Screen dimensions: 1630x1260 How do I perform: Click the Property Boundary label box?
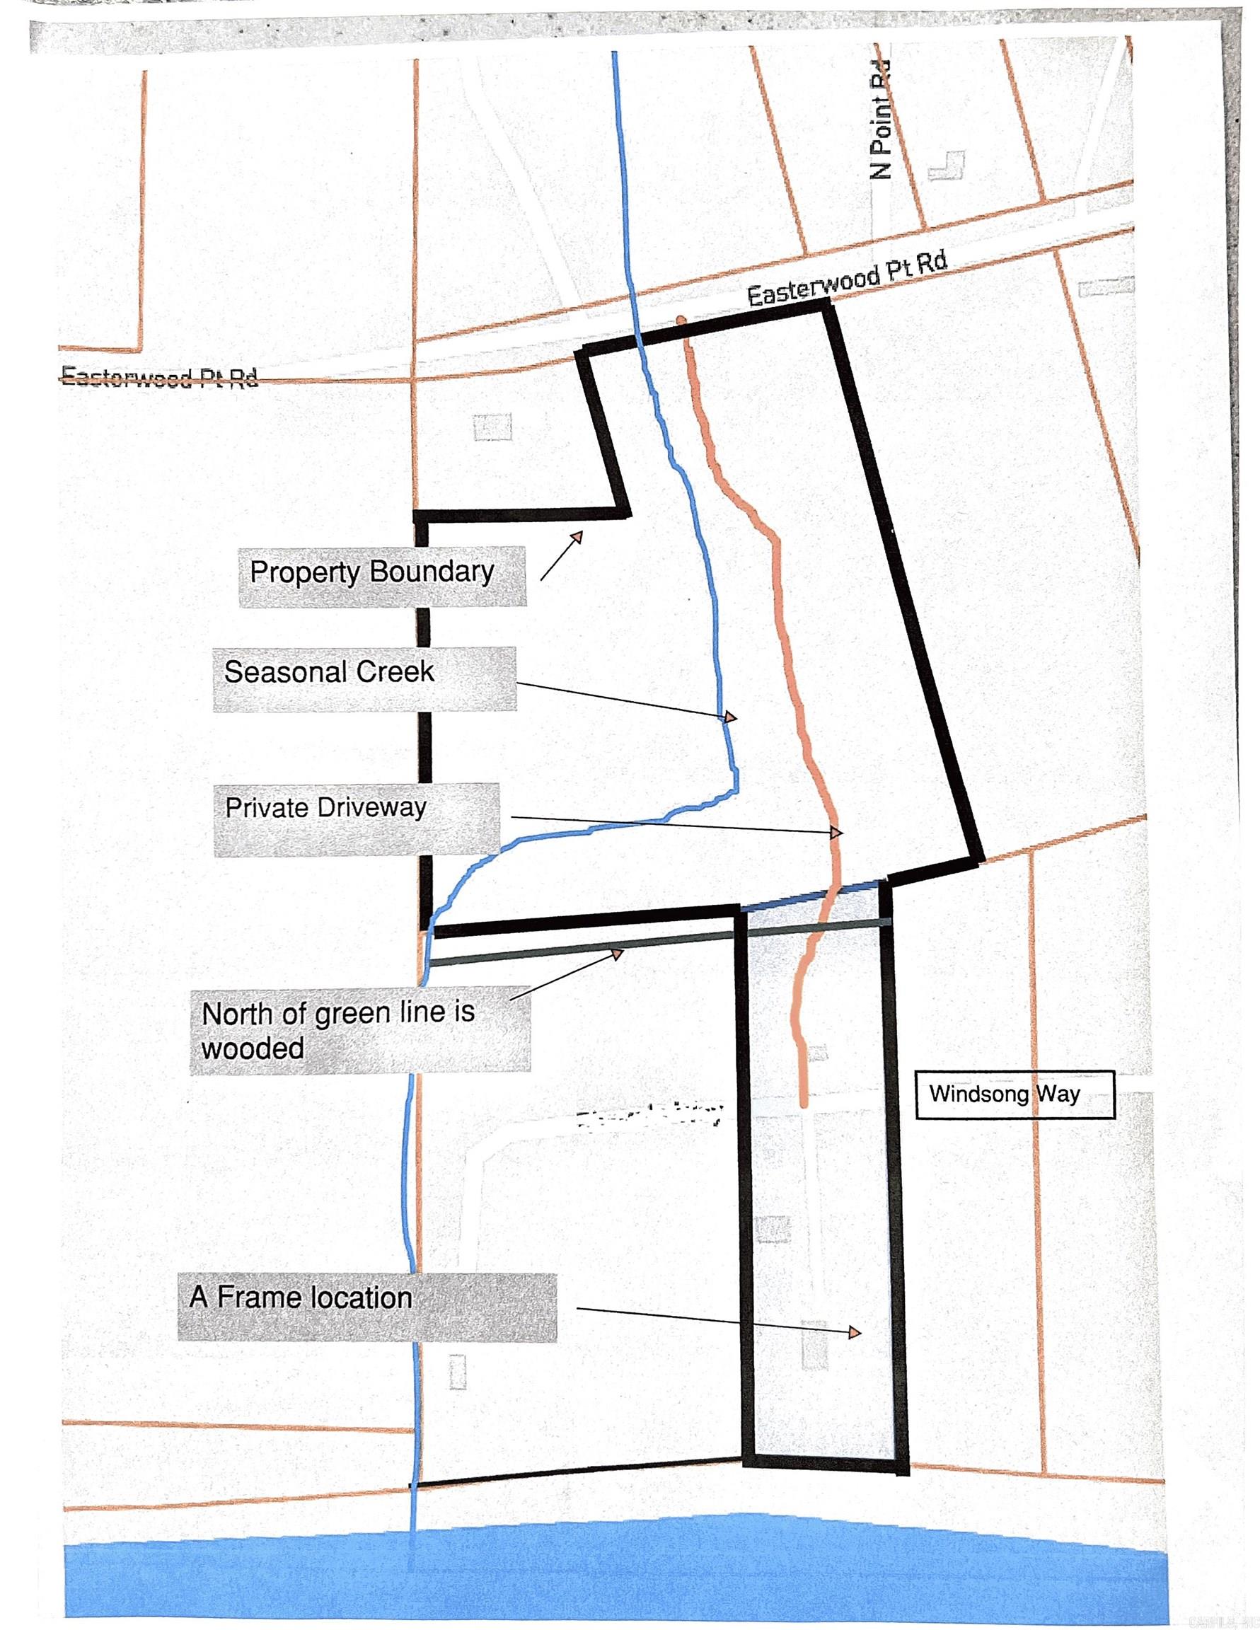[x=381, y=576]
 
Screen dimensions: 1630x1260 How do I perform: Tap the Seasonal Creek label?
[x=364, y=678]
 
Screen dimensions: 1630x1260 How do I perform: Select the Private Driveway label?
[x=356, y=818]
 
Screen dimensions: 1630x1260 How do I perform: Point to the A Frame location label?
[x=366, y=1306]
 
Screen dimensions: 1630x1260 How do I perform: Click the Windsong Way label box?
[x=1015, y=1094]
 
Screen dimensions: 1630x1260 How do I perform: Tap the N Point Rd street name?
[x=882, y=120]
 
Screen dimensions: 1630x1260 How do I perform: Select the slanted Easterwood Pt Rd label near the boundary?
[x=848, y=278]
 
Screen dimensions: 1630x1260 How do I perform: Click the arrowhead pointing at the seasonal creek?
[x=729, y=717]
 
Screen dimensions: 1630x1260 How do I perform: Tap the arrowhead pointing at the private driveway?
[x=836, y=832]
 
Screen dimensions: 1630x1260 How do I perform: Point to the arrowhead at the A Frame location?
[x=855, y=1332]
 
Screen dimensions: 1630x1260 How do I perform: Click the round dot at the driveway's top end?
[x=681, y=321]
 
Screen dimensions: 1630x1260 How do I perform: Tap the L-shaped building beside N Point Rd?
[x=948, y=166]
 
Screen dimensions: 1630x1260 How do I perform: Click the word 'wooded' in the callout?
[x=253, y=1048]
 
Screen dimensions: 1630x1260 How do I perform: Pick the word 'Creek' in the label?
[x=396, y=671]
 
